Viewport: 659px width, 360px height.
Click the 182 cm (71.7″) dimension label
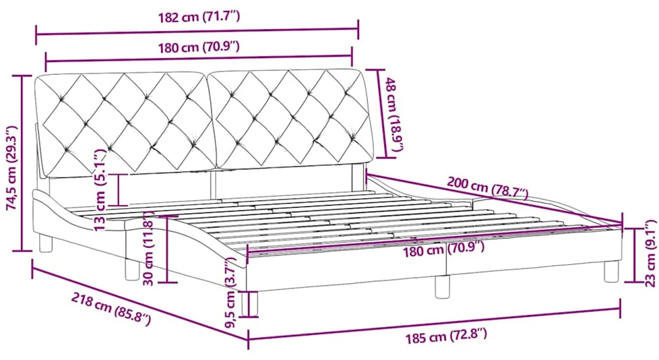(x=199, y=18)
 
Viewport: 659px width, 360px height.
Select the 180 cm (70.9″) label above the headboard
(x=199, y=47)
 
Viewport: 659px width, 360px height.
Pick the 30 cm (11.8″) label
(x=151, y=248)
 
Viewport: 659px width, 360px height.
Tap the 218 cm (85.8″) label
(x=111, y=309)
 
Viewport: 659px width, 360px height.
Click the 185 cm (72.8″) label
(x=446, y=336)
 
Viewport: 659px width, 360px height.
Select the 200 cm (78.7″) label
(x=488, y=187)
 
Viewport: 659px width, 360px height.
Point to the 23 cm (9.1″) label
(x=651, y=253)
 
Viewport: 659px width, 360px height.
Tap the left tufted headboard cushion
(x=125, y=125)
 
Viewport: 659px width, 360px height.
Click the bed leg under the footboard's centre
(x=442, y=287)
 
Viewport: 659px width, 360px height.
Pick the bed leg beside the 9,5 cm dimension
(x=248, y=303)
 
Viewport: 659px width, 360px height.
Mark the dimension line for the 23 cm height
(x=635, y=255)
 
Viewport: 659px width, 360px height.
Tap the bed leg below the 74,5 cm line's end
(x=46, y=244)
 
